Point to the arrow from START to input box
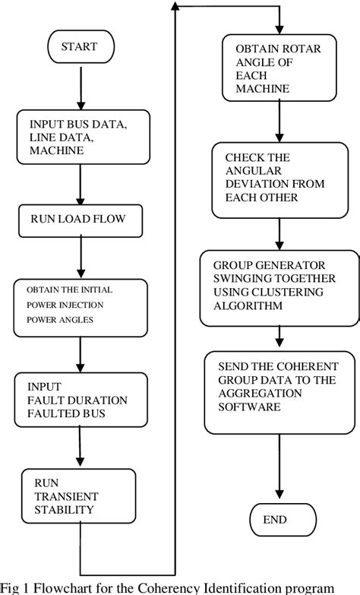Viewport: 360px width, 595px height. tap(79, 90)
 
